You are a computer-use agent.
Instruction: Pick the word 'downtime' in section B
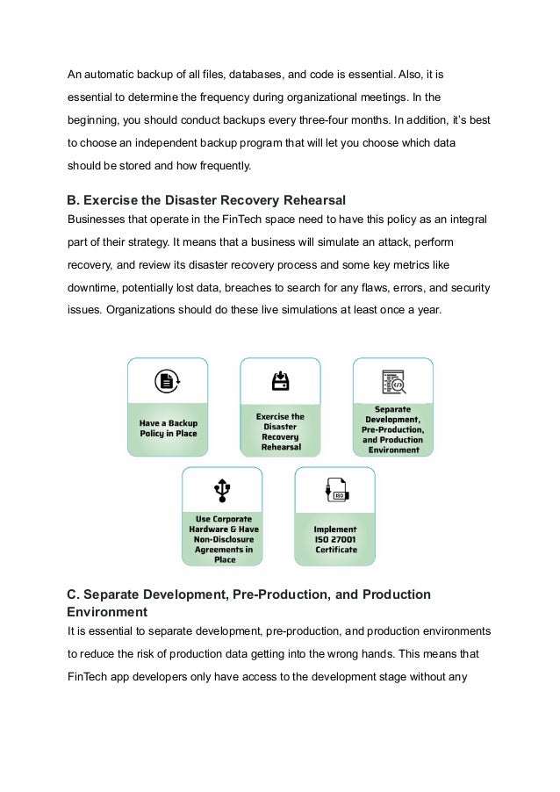coord(94,287)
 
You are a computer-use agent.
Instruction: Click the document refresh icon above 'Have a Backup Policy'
coord(167,381)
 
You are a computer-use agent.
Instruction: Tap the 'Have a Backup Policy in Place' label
coord(168,428)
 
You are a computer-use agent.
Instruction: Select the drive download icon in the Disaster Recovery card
coord(280,381)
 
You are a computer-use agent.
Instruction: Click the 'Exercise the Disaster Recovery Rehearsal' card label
coord(280,432)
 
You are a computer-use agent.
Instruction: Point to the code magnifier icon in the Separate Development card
coord(392,381)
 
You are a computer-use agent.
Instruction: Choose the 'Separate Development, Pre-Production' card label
coord(394,429)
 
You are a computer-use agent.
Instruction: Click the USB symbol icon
coord(223,489)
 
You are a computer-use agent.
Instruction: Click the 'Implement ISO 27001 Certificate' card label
coord(335,539)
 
